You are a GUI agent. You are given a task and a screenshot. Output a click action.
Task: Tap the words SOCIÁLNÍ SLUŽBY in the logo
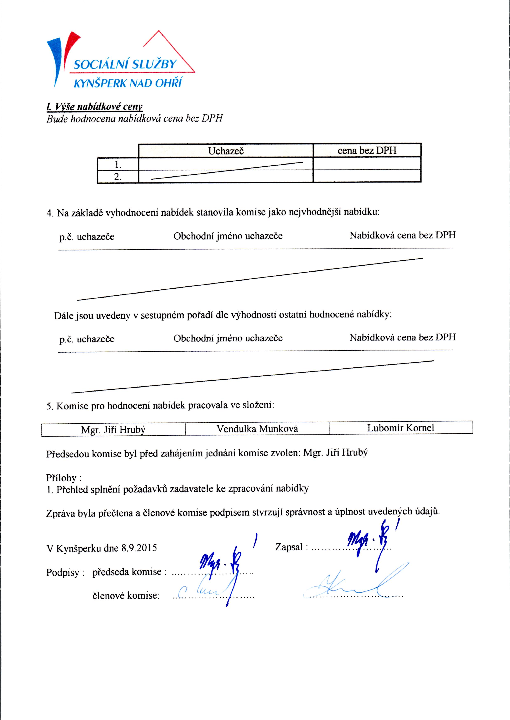[125, 64]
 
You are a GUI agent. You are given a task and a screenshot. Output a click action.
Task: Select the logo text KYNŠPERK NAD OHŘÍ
[128, 83]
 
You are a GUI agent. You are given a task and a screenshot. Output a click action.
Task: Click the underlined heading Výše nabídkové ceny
[94, 107]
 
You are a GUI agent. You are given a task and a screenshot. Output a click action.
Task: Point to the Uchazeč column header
[226, 151]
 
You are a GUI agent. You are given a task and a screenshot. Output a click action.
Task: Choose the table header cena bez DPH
[367, 151]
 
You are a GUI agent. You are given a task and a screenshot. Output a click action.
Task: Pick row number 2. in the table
[118, 177]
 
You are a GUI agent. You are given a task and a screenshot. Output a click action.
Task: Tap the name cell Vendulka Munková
[257, 429]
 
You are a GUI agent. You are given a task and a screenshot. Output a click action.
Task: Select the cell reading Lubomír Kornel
[401, 428]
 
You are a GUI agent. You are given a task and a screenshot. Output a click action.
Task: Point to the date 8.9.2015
[139, 548]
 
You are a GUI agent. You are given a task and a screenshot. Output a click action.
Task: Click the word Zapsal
[289, 547]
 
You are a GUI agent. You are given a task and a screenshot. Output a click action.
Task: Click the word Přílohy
[62, 478]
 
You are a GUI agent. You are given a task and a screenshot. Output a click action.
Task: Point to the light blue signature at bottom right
[355, 584]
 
